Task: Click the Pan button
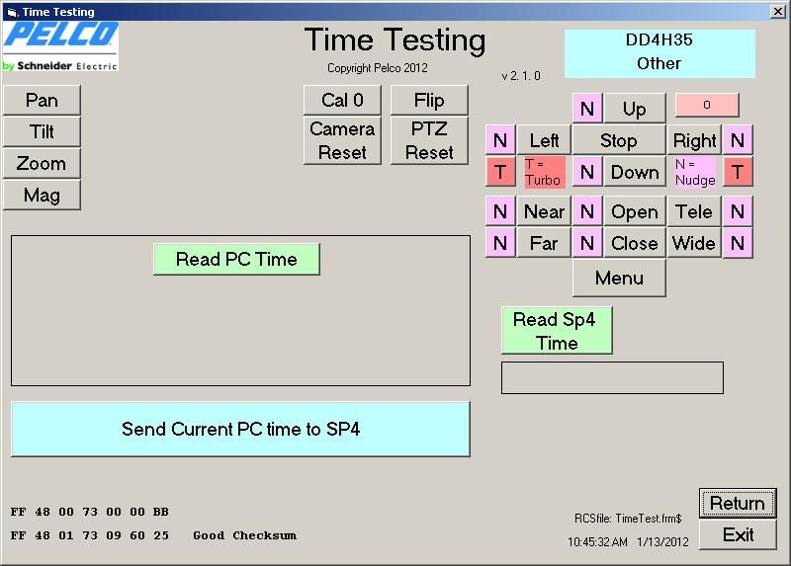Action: pyautogui.click(x=42, y=100)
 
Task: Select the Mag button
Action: pyautogui.click(x=42, y=195)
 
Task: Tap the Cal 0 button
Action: pyautogui.click(x=342, y=100)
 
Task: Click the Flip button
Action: pyautogui.click(x=429, y=100)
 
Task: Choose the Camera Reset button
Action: pyautogui.click(x=342, y=140)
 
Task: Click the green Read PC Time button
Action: pyautogui.click(x=236, y=259)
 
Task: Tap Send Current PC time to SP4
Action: pyautogui.click(x=240, y=429)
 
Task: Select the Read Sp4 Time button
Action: pyautogui.click(x=557, y=331)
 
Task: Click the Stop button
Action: pyautogui.click(x=619, y=140)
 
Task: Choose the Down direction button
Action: pyautogui.click(x=635, y=172)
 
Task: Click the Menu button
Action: pyautogui.click(x=619, y=278)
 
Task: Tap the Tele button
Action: pyautogui.click(x=694, y=211)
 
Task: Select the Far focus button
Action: pyautogui.click(x=544, y=243)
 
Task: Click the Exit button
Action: pyautogui.click(x=738, y=534)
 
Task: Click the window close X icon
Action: pyautogui.click(x=778, y=11)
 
